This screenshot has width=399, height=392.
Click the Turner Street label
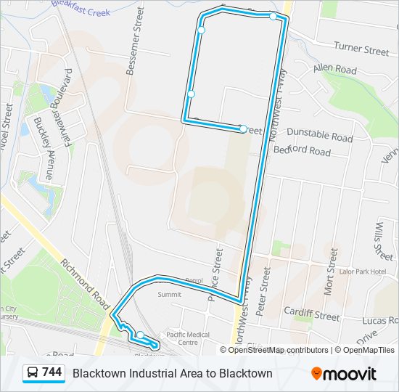click(x=361, y=49)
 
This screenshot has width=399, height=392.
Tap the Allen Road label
click(x=335, y=70)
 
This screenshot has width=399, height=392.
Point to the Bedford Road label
click(x=302, y=151)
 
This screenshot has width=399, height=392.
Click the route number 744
click(x=52, y=372)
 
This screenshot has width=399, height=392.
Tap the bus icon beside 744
click(x=33, y=373)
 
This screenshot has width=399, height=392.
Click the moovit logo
click(x=344, y=374)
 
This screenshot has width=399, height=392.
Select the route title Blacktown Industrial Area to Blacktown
click(x=172, y=373)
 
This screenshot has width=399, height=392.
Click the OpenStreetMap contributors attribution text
click(x=279, y=350)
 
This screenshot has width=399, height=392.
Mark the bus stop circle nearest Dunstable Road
click(x=244, y=130)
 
